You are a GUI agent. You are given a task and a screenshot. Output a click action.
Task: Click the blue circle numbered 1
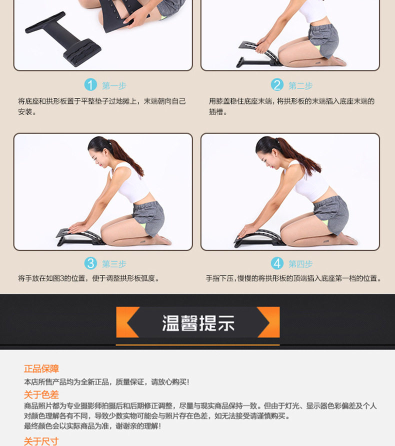click(x=90, y=85)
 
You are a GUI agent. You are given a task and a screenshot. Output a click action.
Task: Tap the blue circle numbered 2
click(x=277, y=85)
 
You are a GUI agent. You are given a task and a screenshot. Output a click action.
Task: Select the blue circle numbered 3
click(x=90, y=263)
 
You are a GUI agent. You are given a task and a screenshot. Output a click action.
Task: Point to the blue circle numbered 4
click(x=277, y=263)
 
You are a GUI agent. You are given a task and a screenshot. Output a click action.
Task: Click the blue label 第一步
click(x=114, y=85)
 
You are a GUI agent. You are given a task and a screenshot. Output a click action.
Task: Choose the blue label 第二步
click(x=300, y=85)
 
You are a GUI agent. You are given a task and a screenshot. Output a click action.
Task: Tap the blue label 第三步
click(x=114, y=264)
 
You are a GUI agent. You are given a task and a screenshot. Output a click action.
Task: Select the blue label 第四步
click(x=300, y=264)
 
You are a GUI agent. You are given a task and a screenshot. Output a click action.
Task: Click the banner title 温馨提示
click(x=198, y=323)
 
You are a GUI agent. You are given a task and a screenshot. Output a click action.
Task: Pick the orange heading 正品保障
click(x=41, y=368)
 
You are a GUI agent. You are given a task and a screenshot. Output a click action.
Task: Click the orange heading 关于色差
click(x=41, y=394)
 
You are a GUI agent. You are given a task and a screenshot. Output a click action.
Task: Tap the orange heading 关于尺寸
click(x=41, y=441)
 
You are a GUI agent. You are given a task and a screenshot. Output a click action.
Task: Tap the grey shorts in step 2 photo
click(x=324, y=40)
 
